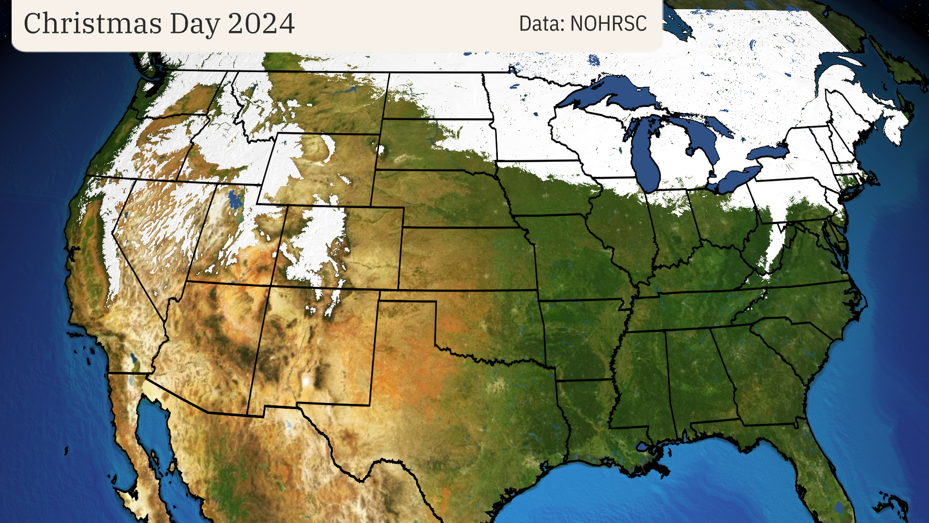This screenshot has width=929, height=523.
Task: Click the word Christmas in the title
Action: (92, 23)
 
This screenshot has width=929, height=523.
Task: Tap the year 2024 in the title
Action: (261, 23)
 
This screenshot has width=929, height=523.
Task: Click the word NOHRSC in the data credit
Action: (608, 23)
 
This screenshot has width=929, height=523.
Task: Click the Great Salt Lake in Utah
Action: (235, 199)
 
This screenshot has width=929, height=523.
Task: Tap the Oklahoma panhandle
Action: (406, 296)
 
